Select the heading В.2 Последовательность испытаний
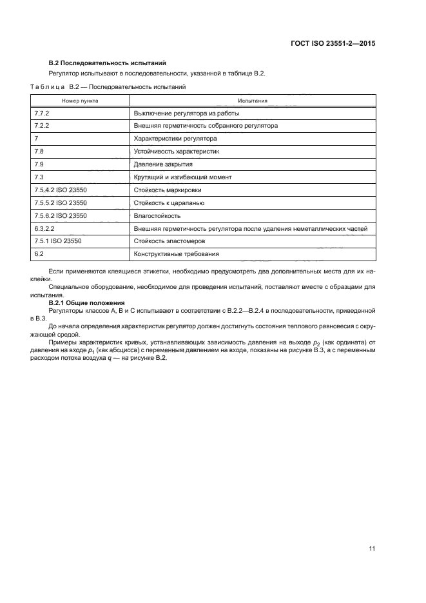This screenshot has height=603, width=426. tap(108, 63)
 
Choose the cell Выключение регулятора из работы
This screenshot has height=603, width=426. tap(186, 113)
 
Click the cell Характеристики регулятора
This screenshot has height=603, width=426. tap(175, 139)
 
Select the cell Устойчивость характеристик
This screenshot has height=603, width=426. tap(177, 152)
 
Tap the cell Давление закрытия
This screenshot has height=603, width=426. tap(164, 164)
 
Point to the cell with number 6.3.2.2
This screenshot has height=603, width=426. tap(44, 228)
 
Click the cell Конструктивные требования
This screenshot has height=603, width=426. tap(176, 254)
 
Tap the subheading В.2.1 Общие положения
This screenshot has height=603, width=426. tap(87, 302)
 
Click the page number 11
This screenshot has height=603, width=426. tap(372, 549)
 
